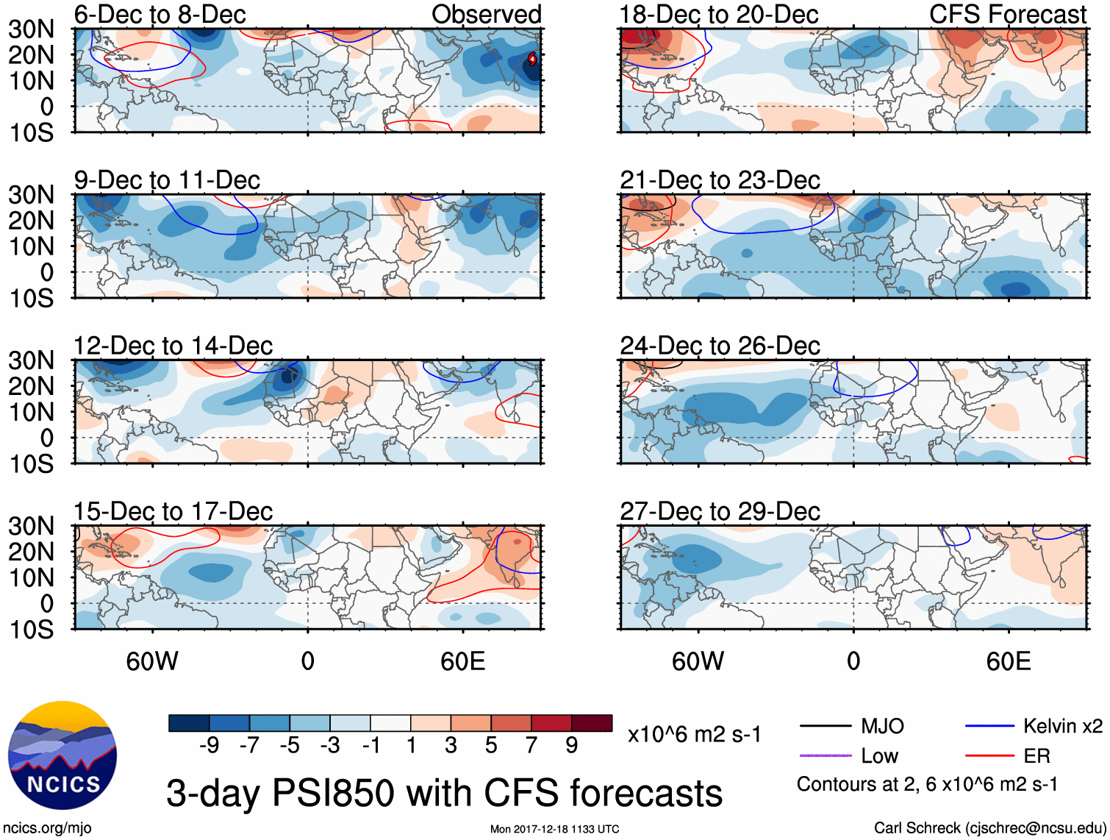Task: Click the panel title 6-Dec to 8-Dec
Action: (x=160, y=14)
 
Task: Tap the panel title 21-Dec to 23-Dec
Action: (x=720, y=180)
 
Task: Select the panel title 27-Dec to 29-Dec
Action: (x=720, y=511)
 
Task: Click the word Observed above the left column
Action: (x=486, y=14)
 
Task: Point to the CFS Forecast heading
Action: (x=1008, y=14)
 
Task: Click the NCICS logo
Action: (x=62, y=755)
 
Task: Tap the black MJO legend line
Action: (x=825, y=726)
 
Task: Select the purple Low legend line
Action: (x=825, y=755)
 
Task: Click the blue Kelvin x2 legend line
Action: (x=989, y=726)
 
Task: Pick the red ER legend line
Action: (x=989, y=755)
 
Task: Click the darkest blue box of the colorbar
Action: (x=189, y=723)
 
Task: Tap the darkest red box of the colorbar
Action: (x=592, y=723)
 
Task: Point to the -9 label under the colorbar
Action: (x=209, y=746)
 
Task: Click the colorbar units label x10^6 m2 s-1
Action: (x=694, y=734)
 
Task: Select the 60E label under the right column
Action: (x=1008, y=661)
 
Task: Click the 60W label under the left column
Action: (x=152, y=661)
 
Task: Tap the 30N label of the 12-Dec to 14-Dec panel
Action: (x=31, y=360)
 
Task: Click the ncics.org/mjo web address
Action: (x=47, y=827)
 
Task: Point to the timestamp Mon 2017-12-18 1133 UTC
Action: (x=554, y=829)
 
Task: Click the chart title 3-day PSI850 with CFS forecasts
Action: (x=444, y=793)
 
